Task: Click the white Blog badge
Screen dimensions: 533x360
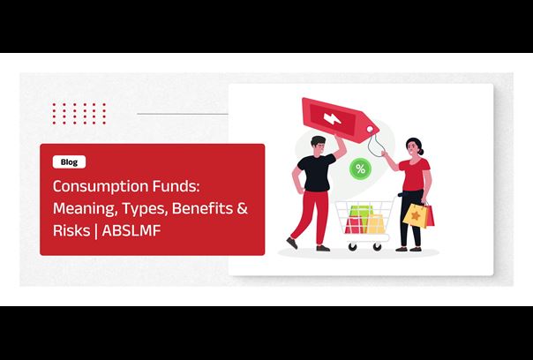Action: coord(69,162)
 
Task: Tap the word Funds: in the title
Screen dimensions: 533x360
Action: coord(176,186)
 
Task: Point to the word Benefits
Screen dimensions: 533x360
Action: coord(202,208)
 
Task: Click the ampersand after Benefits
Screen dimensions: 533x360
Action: coord(242,208)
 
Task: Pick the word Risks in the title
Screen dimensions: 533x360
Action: coord(71,230)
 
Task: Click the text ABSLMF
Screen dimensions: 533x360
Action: coord(131,230)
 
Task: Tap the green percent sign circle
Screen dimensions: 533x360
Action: coord(360,169)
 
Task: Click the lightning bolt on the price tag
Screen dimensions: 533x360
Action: coord(332,118)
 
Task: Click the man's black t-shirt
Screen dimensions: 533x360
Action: coord(317,172)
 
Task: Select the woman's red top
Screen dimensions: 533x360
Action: coord(415,174)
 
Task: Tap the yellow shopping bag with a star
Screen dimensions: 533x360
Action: coord(415,215)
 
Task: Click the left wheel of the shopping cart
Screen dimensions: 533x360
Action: coord(352,247)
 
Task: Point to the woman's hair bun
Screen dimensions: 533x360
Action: coord(422,152)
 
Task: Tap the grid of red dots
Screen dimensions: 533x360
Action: coord(79,114)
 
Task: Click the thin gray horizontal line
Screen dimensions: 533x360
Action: coord(183,114)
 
